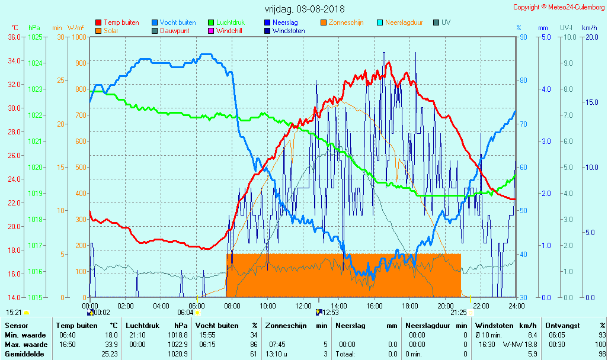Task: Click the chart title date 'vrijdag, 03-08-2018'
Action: [305, 9]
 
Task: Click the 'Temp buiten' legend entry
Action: [121, 22]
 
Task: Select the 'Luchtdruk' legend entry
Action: [233, 22]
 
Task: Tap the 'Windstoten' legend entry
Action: [290, 31]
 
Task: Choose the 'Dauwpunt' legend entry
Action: [174, 31]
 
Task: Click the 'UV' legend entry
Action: [446, 22]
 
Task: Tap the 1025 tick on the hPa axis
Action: [35, 37]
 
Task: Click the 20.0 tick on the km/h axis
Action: [590, 37]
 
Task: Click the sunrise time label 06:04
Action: [185, 313]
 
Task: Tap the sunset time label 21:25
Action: [458, 313]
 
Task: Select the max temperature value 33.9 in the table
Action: [111, 345]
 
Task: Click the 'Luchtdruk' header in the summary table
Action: [140, 326]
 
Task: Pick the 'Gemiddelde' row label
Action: [24, 354]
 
